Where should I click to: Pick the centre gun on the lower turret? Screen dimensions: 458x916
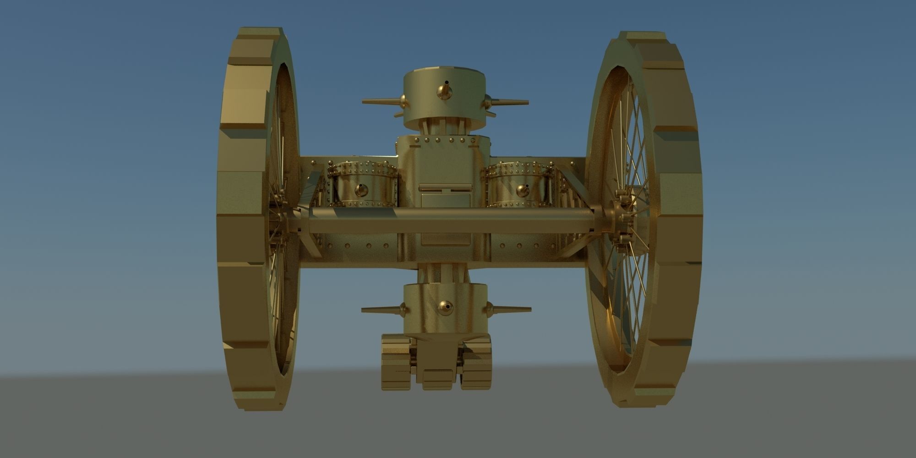[445, 307]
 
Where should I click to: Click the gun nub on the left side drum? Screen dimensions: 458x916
[361, 190]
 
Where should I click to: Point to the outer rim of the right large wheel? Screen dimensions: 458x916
[678, 220]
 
